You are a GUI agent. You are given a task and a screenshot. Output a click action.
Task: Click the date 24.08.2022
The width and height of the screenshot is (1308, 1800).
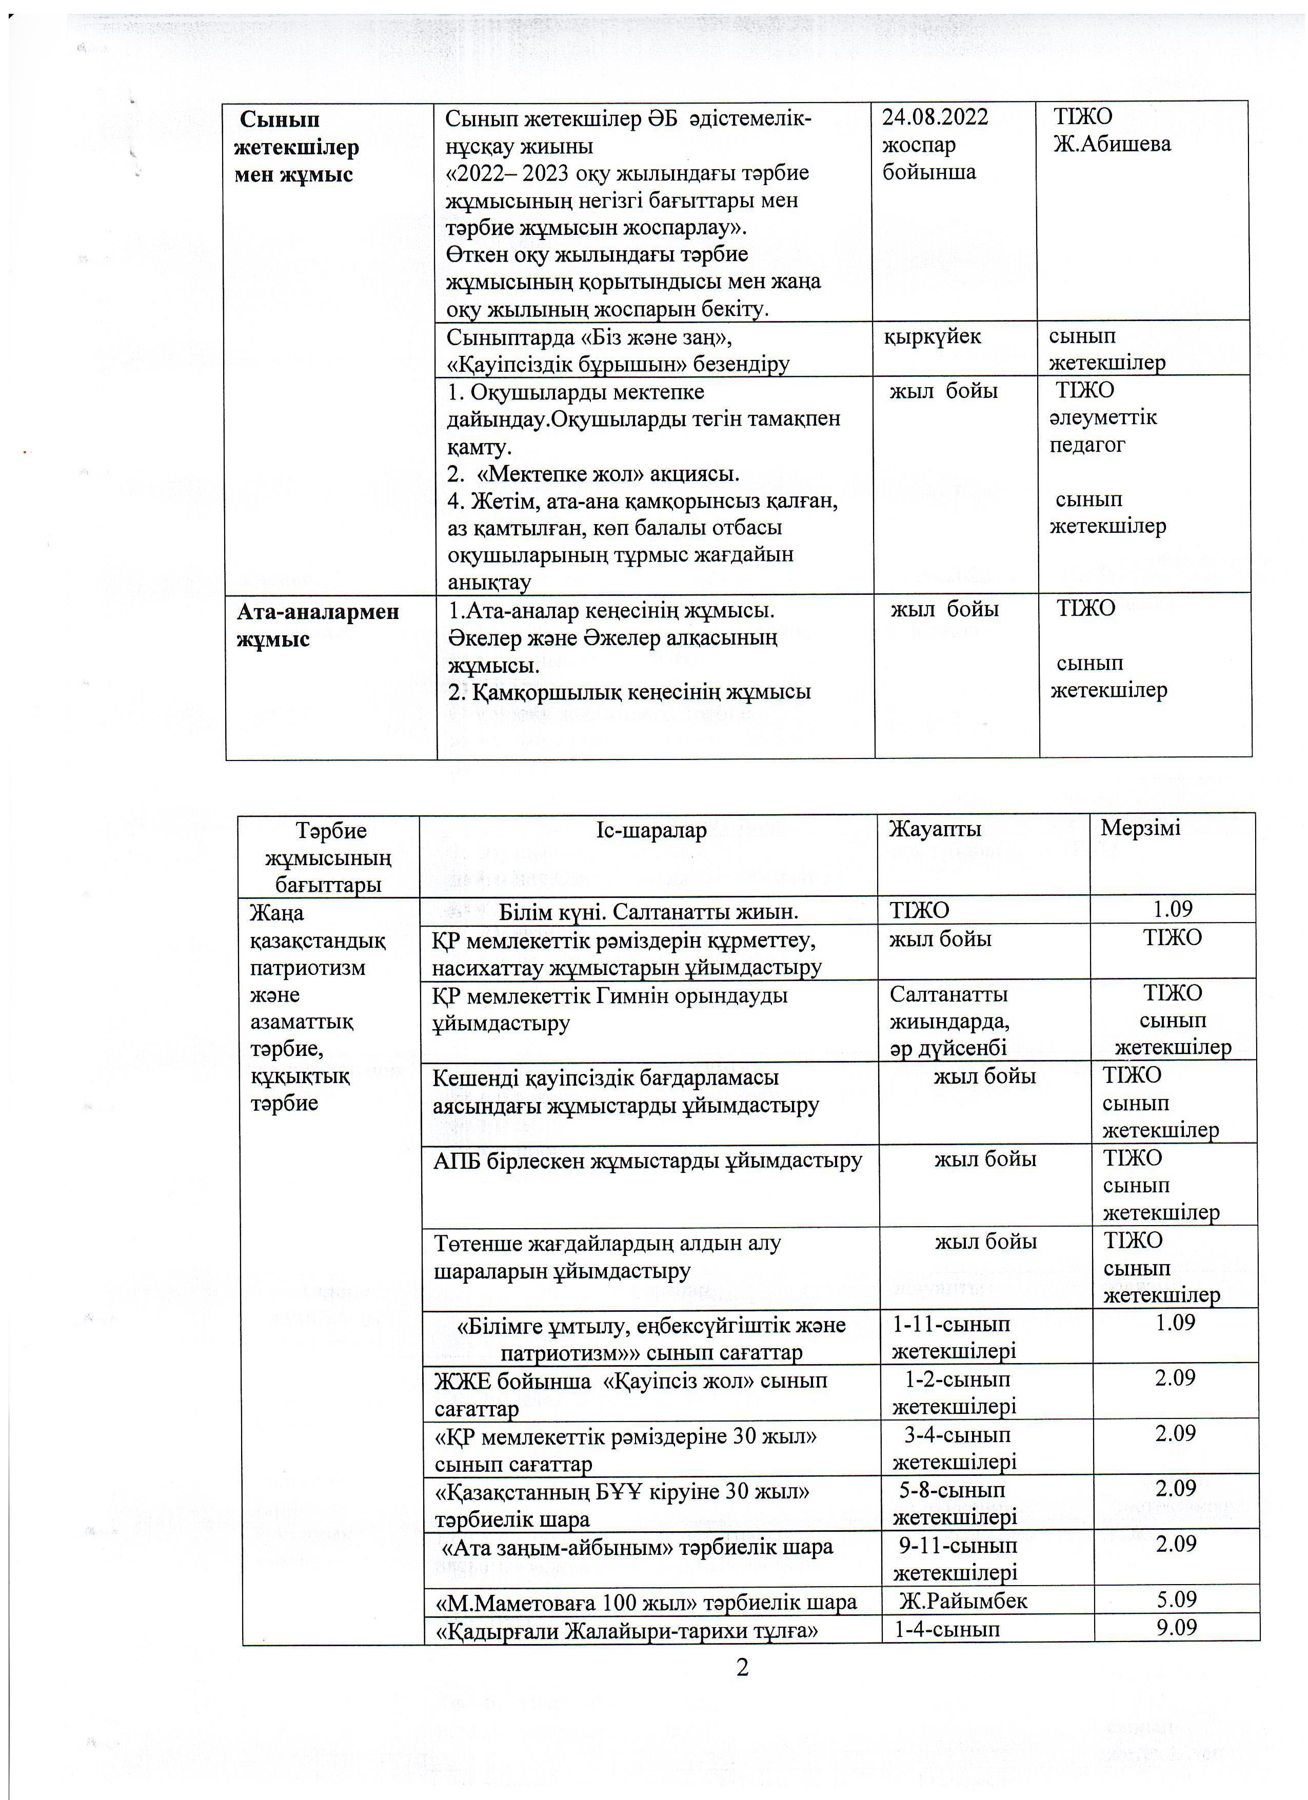(x=935, y=117)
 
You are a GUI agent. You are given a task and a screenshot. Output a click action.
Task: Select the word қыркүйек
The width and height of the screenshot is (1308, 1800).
(x=933, y=336)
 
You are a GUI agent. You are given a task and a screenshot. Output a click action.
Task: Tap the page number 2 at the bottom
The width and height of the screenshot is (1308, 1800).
(x=742, y=1668)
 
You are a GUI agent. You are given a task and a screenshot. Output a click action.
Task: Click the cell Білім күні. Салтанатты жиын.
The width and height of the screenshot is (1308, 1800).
(x=648, y=912)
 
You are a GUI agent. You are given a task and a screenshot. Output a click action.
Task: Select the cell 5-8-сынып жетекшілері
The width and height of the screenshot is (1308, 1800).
(x=954, y=1504)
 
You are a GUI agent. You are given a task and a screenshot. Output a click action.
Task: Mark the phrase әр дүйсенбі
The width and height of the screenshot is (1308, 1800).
(x=948, y=1048)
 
